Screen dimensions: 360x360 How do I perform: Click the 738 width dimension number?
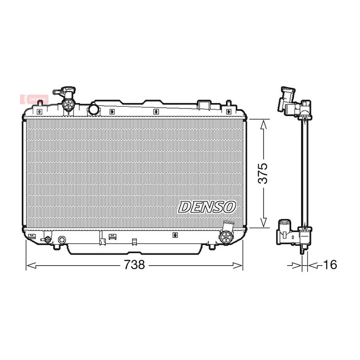click(134, 265)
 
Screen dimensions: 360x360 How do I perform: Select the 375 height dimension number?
click(263, 174)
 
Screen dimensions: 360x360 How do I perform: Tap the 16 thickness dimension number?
click(330, 265)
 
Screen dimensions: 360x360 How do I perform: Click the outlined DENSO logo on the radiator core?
click(207, 207)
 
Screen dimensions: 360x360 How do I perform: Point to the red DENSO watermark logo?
click(34, 100)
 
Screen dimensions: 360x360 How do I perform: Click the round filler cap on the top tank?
click(94, 109)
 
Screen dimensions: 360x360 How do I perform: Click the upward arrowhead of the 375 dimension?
click(263, 125)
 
